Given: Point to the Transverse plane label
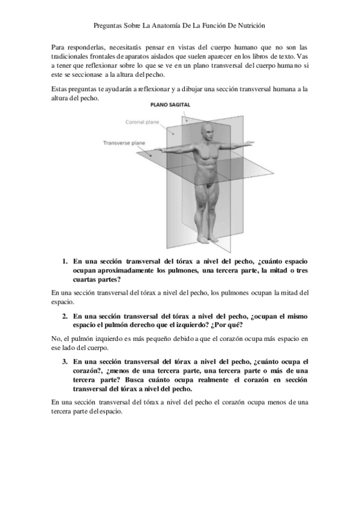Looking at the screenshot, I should click(124, 143).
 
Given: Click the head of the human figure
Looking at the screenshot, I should click(206, 131).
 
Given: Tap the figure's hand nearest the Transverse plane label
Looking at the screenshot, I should click(157, 150).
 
